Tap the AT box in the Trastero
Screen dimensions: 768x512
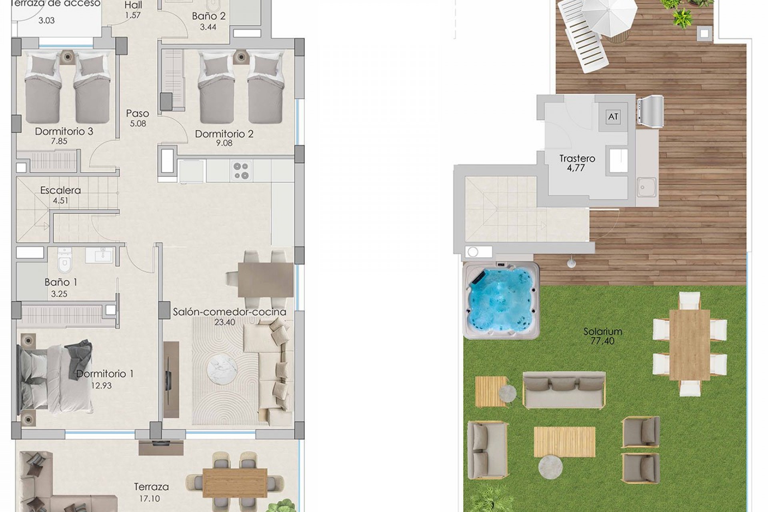pyautogui.click(x=613, y=117)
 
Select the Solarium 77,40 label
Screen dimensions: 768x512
pyautogui.click(x=602, y=336)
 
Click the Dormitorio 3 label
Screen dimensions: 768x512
pyautogui.click(x=64, y=131)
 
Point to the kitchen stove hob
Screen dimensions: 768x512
pyautogui.click(x=241, y=171)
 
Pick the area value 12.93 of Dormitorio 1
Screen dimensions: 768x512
pyautogui.click(x=101, y=386)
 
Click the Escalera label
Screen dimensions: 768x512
pyautogui.click(x=60, y=190)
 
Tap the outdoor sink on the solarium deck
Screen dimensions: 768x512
pyautogui.click(x=646, y=187)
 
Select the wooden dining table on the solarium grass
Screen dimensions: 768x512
pyautogui.click(x=690, y=345)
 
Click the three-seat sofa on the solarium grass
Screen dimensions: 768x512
pyautogui.click(x=564, y=390)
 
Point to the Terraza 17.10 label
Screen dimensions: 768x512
pyautogui.click(x=151, y=492)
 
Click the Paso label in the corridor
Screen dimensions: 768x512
pyautogui.click(x=138, y=113)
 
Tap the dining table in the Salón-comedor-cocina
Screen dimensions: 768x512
pyautogui.click(x=266, y=280)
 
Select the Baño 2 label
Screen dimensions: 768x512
pyautogui.click(x=209, y=16)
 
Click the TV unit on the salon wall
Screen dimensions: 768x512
pyautogui.click(x=171, y=379)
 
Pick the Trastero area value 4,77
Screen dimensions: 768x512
pyautogui.click(x=576, y=168)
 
